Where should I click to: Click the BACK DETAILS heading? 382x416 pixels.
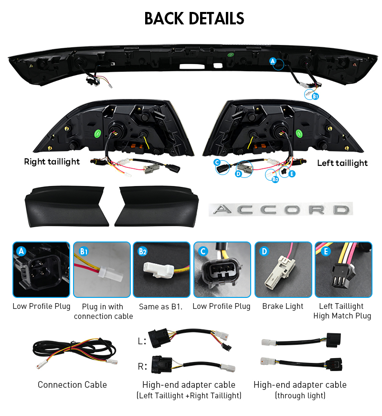194,19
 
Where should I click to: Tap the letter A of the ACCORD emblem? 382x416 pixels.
223,209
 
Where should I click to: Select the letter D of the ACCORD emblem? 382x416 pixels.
341,210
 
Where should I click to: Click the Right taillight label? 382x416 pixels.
52,162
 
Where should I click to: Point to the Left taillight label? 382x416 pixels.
342,163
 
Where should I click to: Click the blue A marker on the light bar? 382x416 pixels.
273,61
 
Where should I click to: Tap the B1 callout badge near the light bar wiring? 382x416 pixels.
315,96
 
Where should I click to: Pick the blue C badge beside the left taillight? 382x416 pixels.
217,163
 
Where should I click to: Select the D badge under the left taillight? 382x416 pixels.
239,174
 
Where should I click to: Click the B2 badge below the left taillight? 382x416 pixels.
275,179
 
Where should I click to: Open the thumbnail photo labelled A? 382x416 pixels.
42,270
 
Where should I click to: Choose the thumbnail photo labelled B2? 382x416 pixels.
161,270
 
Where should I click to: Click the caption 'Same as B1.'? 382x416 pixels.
161,307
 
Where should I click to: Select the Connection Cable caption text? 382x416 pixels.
72,385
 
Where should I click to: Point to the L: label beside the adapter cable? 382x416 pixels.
142,341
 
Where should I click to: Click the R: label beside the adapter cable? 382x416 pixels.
142,366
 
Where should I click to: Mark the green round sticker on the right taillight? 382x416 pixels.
98,133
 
